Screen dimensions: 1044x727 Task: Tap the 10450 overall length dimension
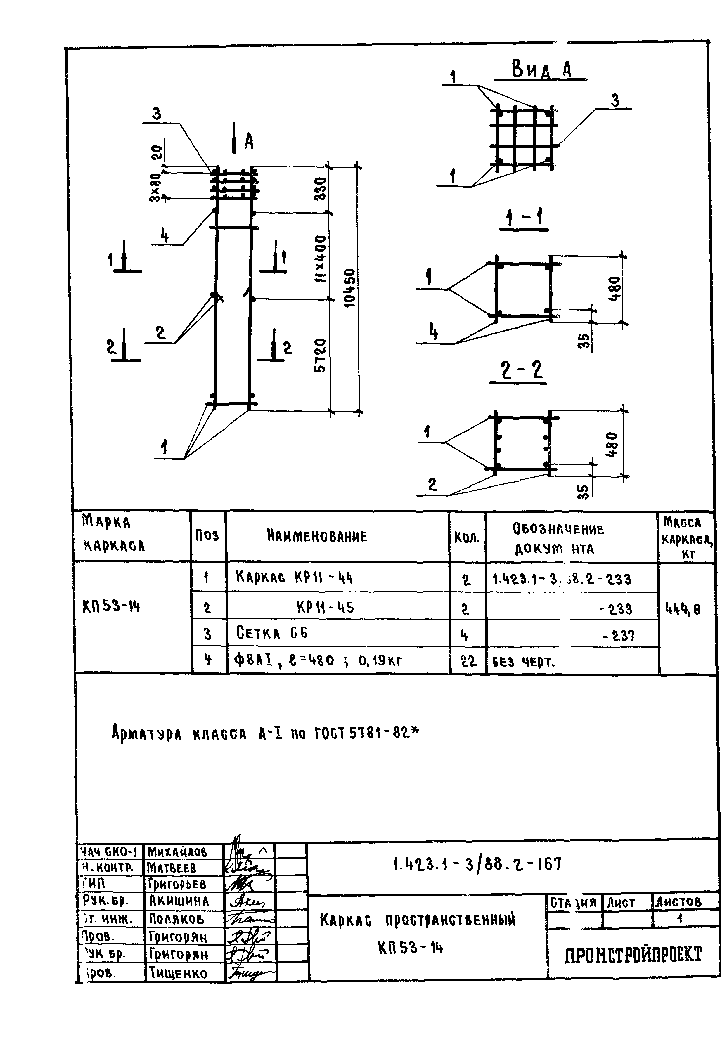tap(349, 288)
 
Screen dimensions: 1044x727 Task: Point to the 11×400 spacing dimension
tap(321, 258)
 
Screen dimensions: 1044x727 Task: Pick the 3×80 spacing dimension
tap(156, 187)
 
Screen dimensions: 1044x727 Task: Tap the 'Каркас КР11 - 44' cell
tap(294, 578)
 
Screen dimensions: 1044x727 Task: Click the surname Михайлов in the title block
tap(177, 852)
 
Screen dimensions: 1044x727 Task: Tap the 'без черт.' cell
tap(523, 662)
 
